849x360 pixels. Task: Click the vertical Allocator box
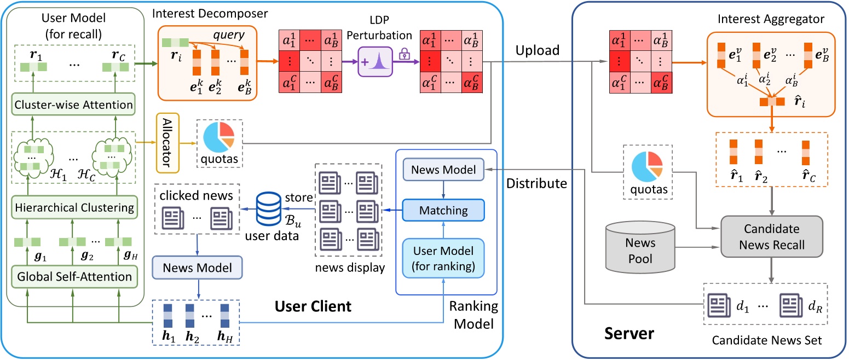pos(168,142)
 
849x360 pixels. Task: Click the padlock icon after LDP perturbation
pos(405,54)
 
